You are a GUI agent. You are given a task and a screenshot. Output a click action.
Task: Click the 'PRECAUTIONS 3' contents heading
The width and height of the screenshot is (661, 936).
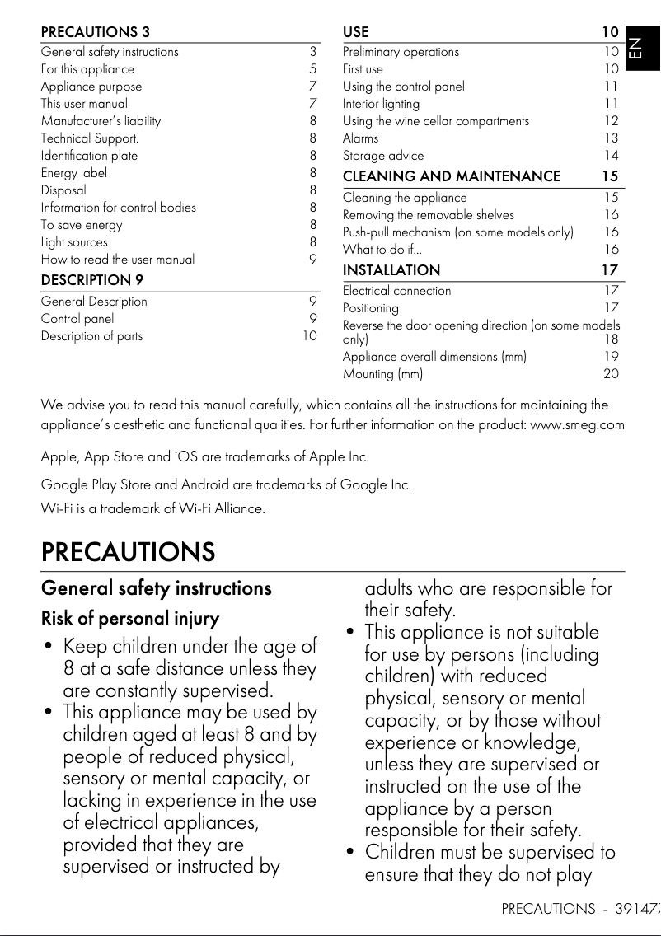[x=96, y=33]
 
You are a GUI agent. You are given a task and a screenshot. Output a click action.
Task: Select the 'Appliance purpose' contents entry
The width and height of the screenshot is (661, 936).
[x=91, y=87]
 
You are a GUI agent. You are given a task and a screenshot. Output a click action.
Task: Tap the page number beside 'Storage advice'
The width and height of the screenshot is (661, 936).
[x=611, y=156]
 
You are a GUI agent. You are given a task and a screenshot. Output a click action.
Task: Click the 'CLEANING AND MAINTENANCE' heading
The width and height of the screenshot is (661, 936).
[x=451, y=176]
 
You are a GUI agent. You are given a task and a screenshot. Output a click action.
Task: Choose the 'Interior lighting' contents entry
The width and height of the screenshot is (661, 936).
[x=381, y=104]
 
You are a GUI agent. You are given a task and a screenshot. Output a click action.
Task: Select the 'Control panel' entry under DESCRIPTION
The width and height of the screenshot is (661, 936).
[x=77, y=319]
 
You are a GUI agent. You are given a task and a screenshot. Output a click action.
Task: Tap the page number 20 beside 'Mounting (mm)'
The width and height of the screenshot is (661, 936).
[x=611, y=374]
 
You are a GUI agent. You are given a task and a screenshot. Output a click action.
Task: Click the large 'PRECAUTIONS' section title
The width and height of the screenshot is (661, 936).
[x=128, y=550]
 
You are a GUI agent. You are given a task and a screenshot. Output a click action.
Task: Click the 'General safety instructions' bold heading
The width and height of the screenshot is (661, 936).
[x=156, y=588]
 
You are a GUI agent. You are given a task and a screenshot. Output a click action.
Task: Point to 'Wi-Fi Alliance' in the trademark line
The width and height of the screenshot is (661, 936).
[x=224, y=508]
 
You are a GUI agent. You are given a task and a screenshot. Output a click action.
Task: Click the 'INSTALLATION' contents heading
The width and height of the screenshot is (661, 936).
[x=391, y=270]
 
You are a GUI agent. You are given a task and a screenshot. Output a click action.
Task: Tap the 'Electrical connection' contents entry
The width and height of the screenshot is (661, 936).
[x=396, y=291]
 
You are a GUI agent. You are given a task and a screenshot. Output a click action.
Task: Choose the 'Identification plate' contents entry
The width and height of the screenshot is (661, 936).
[x=90, y=156]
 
